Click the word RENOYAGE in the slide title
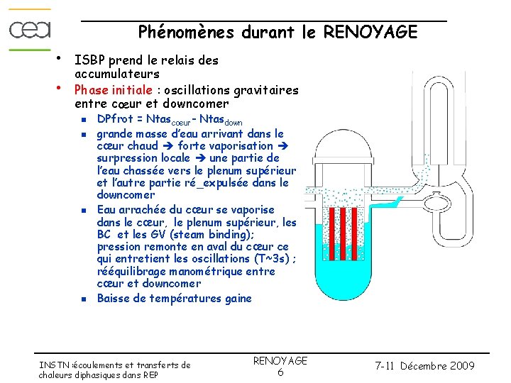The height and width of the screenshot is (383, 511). click(370, 32)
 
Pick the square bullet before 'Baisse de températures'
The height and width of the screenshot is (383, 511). click(83, 299)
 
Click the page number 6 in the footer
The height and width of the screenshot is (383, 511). click(280, 372)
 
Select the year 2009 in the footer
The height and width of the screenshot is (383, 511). click(461, 366)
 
